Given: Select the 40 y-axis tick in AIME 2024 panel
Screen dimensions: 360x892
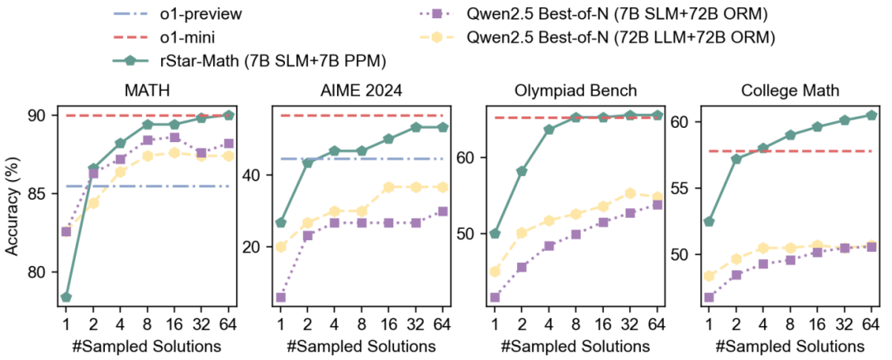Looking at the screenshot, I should coord(254,175).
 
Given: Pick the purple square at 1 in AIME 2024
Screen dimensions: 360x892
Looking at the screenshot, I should coord(281,297).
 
